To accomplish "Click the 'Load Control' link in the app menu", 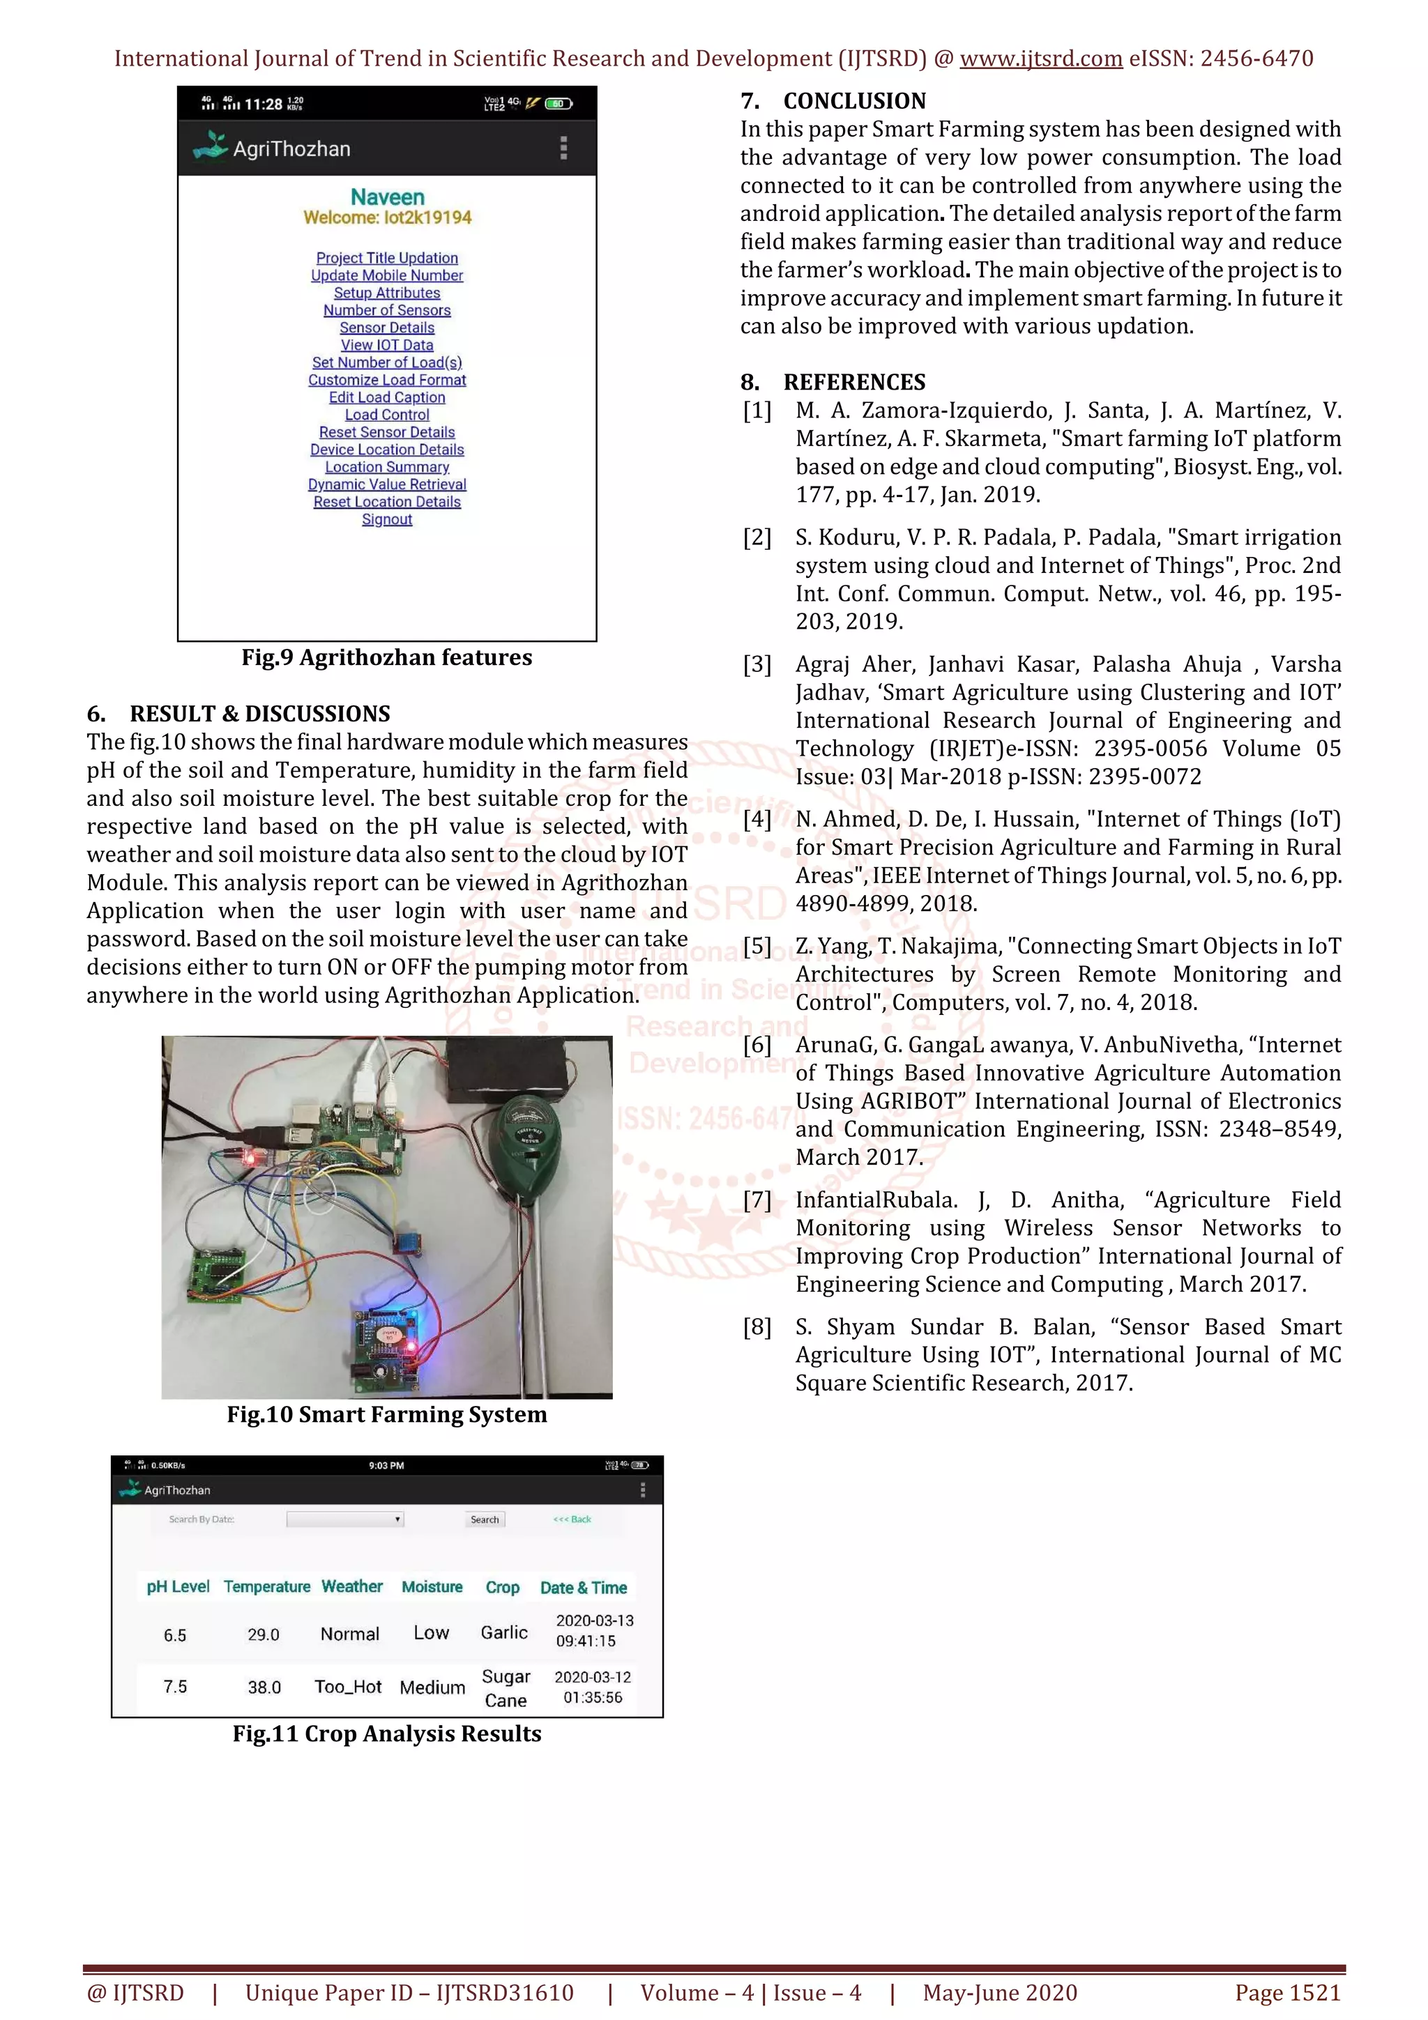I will coord(387,414).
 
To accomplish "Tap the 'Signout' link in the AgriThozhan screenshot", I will coord(387,519).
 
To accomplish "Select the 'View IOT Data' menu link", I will coord(387,345).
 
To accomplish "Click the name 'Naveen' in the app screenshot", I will coord(387,197).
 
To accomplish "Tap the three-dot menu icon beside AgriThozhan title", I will coord(564,148).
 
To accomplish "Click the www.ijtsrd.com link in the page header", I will coord(1041,59).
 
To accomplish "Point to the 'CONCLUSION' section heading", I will coord(853,101).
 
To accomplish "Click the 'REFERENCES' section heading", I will coord(853,382).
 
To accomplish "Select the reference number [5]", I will coord(757,947).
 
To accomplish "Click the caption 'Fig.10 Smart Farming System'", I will coord(387,1415).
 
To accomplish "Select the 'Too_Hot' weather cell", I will coord(349,1687).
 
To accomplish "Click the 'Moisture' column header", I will coord(432,1586).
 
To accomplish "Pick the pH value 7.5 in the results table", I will coord(175,1687).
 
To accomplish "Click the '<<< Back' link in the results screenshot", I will coord(572,1520).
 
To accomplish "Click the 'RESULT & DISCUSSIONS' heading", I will coord(259,714).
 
